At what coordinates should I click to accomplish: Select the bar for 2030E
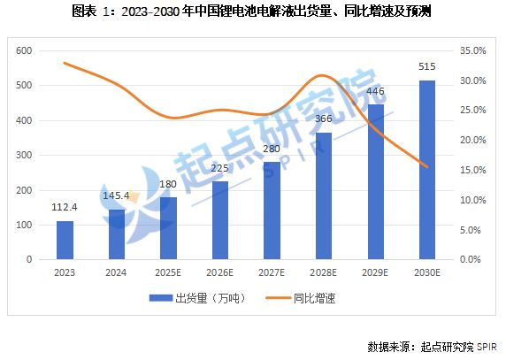point(426,170)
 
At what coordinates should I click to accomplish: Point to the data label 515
point(426,67)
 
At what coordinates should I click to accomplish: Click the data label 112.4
point(65,209)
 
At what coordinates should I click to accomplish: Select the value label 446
point(375,92)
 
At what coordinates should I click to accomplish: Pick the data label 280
point(272,149)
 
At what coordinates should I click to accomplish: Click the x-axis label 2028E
point(324,272)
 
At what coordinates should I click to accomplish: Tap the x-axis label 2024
point(116,272)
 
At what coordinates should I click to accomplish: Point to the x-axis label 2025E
point(168,272)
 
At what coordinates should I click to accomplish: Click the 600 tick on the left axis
point(24,51)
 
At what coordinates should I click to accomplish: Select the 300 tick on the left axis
point(24,156)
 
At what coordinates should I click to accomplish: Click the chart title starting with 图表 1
point(253,11)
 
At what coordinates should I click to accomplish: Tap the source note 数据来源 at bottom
point(432,345)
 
